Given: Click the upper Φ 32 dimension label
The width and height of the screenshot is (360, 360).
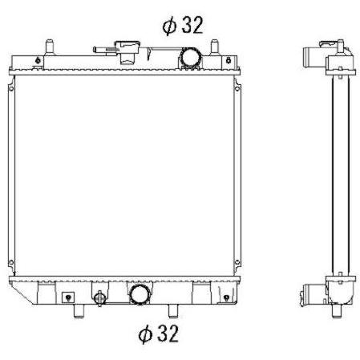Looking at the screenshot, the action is coord(183,26).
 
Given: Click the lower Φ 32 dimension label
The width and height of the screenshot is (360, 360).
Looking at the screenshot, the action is coord(158,334).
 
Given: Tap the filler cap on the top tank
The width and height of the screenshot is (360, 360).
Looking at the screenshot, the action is coord(127,51).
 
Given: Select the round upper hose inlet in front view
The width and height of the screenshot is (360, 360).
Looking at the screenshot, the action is coord(190,57).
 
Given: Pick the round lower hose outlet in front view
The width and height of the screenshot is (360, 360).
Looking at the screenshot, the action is coord(140,294).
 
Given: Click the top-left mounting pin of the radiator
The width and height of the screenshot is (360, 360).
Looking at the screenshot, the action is coord(50,47).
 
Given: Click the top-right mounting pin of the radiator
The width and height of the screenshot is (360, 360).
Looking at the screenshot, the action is coord(214,47).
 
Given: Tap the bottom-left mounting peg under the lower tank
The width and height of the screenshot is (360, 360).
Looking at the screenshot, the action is coord(79,311).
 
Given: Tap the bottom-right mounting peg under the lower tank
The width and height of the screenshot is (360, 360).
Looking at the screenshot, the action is coord(173,311).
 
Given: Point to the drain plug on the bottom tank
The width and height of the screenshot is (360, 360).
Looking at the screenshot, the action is coord(99,298).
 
